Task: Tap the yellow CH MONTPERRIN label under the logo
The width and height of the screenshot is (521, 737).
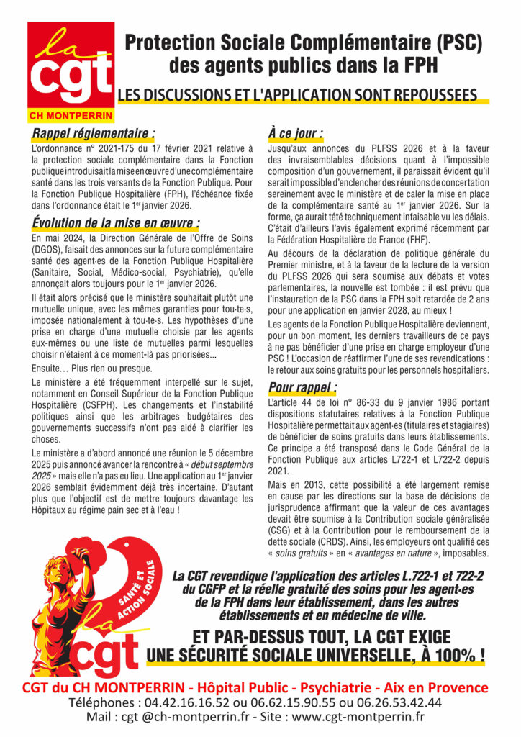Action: pyautogui.click(x=71, y=116)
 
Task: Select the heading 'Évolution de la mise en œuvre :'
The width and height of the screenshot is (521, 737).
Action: pyautogui.click(x=116, y=222)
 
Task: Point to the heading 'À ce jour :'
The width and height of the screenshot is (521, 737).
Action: pyautogui.click(x=295, y=133)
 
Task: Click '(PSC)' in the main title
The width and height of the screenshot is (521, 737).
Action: pyautogui.click(x=456, y=43)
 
